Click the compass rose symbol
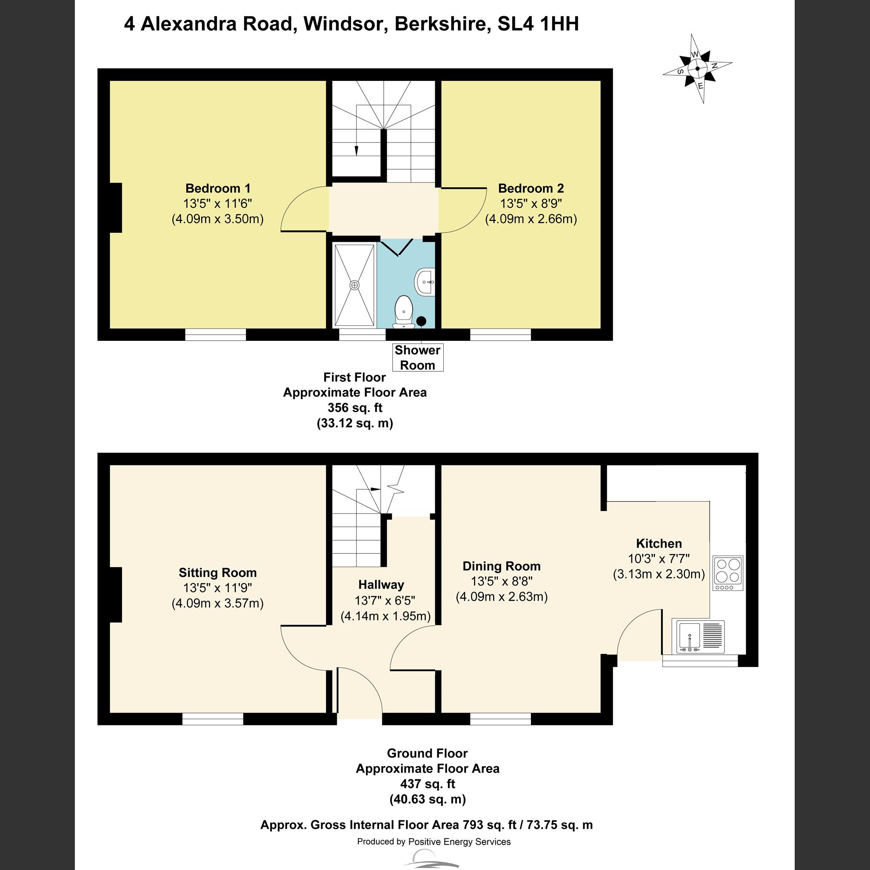tap(698, 69)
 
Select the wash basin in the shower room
tap(425, 282)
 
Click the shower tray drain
tap(355, 285)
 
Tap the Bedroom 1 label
tap(217, 188)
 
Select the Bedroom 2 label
tap(531, 188)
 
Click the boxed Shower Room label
tap(417, 357)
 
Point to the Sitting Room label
tap(217, 573)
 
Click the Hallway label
tap(381, 585)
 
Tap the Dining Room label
tap(501, 566)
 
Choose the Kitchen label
tap(659, 544)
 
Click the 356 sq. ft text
tap(355, 408)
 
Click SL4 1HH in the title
tap(538, 24)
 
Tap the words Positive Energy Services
tap(459, 841)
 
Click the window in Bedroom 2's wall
tap(500, 334)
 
